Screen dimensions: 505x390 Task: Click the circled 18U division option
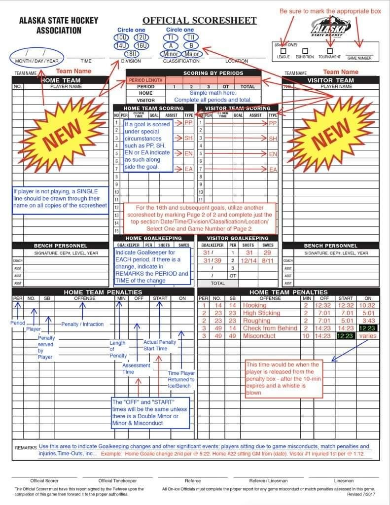pyautogui.click(x=131, y=54)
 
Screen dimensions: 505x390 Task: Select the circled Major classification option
pyautogui.click(x=192, y=54)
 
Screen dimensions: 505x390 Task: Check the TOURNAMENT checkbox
pyautogui.click(x=330, y=51)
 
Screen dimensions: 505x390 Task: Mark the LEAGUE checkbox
pyautogui.click(x=283, y=51)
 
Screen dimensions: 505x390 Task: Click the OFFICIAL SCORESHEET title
pyautogui.click(x=200, y=20)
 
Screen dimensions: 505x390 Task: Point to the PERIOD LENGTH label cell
pyautogui.click(x=145, y=80)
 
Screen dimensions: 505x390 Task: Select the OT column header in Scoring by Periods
pyautogui.click(x=225, y=86)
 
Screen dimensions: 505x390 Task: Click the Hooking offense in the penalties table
pyautogui.click(x=254, y=305)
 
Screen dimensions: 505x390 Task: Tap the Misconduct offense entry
pyautogui.click(x=259, y=336)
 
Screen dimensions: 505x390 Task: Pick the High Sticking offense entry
pyautogui.click(x=261, y=313)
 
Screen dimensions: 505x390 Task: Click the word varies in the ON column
pyautogui.click(x=368, y=336)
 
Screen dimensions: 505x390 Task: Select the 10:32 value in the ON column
pyautogui.click(x=367, y=305)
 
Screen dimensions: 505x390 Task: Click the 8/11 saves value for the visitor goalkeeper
pyautogui.click(x=268, y=260)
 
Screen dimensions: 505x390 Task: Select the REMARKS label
pyautogui.click(x=25, y=448)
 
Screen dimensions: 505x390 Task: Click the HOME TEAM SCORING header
pyautogui.click(x=153, y=108)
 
